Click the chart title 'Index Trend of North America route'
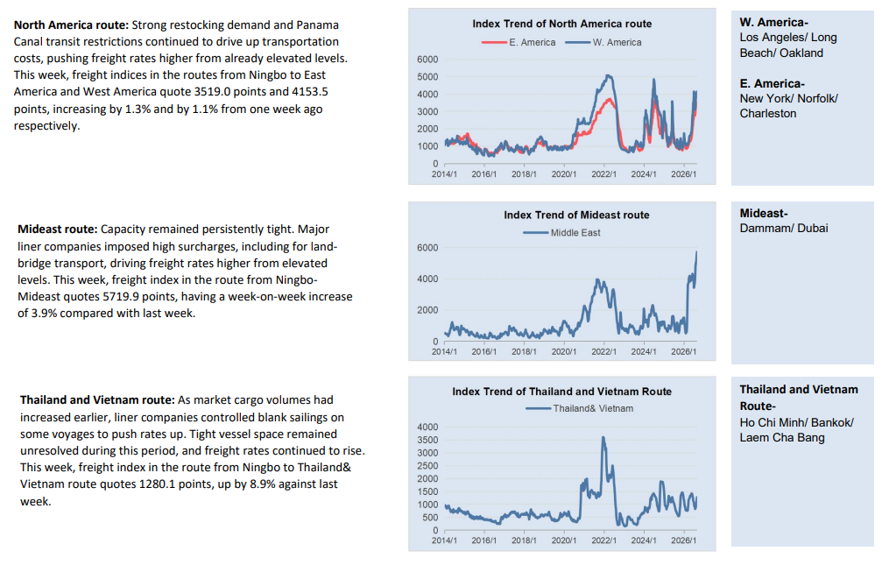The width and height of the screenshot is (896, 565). [x=561, y=24]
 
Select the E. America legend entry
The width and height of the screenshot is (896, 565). [x=519, y=42]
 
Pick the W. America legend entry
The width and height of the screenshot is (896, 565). [x=603, y=42]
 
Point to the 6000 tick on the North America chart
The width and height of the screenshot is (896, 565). [x=427, y=60]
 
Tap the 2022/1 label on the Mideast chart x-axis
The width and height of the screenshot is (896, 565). [x=603, y=351]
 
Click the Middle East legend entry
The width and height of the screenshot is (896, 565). [x=561, y=232]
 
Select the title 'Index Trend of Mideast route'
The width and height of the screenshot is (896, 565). [x=576, y=215]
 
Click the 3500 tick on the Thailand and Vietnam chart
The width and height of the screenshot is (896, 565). [x=427, y=440]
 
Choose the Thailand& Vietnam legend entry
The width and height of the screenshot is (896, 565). [x=580, y=408]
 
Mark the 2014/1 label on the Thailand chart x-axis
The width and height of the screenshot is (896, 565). [x=444, y=540]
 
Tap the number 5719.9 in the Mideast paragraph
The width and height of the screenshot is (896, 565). [x=121, y=296]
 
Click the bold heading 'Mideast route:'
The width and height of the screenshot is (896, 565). [x=58, y=230]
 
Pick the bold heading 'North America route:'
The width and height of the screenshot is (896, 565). [x=72, y=25]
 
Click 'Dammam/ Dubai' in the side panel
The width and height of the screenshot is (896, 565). [x=783, y=229]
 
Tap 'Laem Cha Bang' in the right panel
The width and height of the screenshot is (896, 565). [x=782, y=438]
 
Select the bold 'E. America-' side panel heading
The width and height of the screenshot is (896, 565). [x=772, y=83]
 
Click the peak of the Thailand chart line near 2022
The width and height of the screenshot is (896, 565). [x=603, y=438]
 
